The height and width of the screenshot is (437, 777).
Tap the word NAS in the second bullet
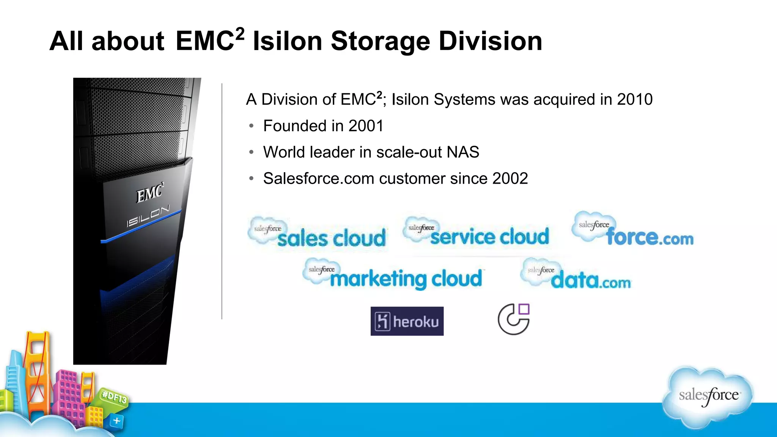pyautogui.click(x=463, y=152)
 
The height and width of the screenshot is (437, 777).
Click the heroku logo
pyautogui.click(x=407, y=321)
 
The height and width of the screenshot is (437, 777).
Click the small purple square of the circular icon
pyautogui.click(x=524, y=309)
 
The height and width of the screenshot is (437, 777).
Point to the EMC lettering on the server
pyautogui.click(x=150, y=193)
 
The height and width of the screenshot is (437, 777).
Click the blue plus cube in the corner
pyautogui.click(x=116, y=421)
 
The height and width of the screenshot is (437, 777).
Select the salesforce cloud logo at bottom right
pyautogui.click(x=708, y=396)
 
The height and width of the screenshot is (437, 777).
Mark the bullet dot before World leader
pyautogui.click(x=251, y=152)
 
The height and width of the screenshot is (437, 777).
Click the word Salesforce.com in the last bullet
pyautogui.click(x=319, y=178)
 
